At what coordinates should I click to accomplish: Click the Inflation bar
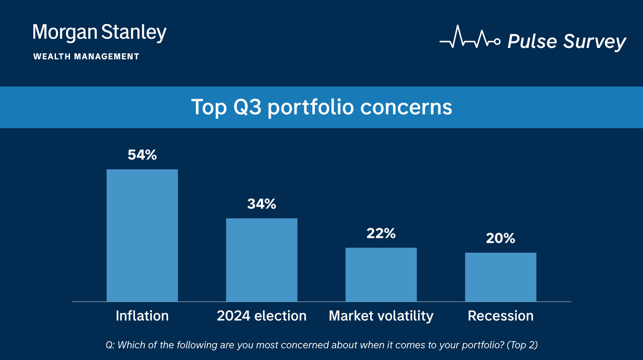coord(142,235)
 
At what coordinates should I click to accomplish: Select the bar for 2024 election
coord(262,260)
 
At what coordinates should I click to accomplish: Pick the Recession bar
coord(500,277)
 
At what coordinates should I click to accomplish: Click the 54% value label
coord(142,155)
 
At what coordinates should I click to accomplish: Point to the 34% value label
coord(262,204)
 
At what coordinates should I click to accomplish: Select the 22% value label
coord(381,233)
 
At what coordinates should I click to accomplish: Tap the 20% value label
coord(500,238)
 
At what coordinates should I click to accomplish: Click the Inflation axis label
coord(142,316)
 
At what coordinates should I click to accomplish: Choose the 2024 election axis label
coord(262,316)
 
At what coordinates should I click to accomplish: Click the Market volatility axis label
coord(381,316)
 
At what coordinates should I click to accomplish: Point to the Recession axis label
coord(500,316)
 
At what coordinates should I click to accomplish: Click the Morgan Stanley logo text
coord(100,33)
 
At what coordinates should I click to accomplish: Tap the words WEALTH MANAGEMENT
coord(86,57)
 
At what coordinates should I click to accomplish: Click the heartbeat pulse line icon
coord(470,37)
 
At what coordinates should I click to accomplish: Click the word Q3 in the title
coord(247,107)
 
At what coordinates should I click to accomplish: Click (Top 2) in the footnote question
coord(522,345)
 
